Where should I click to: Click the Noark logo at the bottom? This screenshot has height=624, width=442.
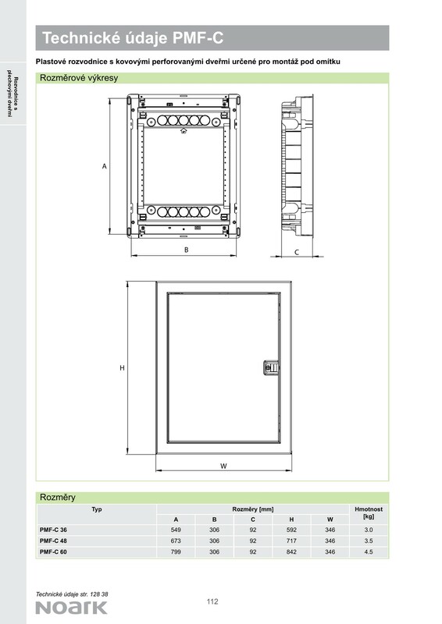click(72, 608)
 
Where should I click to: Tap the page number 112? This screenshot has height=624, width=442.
click(212, 601)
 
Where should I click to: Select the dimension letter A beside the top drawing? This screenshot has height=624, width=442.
click(105, 166)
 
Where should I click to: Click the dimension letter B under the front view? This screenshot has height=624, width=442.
click(186, 250)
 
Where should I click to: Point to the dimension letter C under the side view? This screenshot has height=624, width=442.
click(297, 252)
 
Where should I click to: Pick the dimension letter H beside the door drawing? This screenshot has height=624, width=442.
click(123, 368)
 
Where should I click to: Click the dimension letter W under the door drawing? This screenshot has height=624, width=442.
click(223, 466)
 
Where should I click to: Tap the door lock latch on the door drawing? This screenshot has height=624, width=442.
click(271, 367)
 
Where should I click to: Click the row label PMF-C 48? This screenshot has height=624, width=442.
click(53, 541)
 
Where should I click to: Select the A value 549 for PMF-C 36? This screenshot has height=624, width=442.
click(176, 530)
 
